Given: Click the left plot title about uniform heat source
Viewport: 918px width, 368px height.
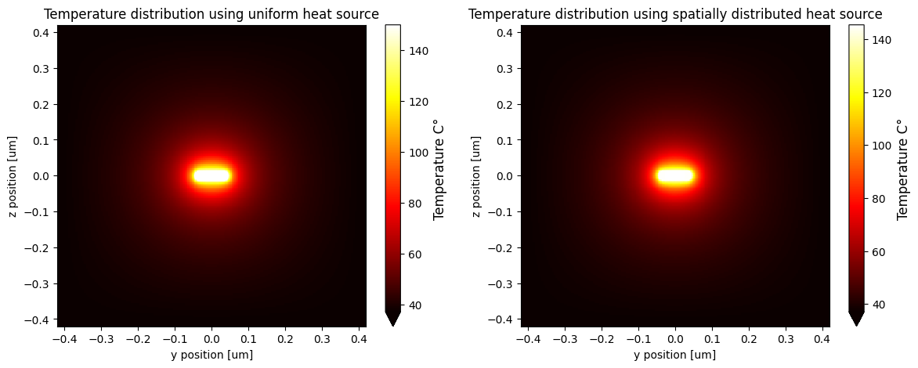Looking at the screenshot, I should pyautogui.click(x=211, y=14).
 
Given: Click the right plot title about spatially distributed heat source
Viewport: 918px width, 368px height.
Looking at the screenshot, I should pyautogui.click(x=675, y=14).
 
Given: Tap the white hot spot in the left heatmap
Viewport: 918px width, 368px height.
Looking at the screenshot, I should pyautogui.click(x=211, y=176).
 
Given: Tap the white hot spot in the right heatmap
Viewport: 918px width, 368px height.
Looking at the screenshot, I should pyautogui.click(x=675, y=176).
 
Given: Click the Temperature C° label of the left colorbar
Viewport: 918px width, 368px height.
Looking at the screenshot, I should pyautogui.click(x=439, y=168).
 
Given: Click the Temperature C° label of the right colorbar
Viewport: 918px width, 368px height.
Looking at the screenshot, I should pyautogui.click(x=903, y=168).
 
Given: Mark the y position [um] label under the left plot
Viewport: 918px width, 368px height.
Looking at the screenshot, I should pyautogui.click(x=211, y=355).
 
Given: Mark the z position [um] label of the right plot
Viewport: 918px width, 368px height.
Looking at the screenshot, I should pyautogui.click(x=475, y=176).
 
